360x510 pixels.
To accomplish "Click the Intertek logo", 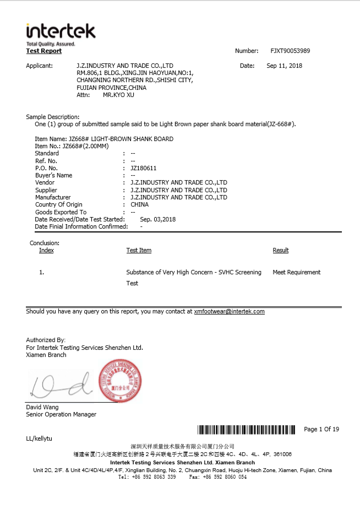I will pos(61,34).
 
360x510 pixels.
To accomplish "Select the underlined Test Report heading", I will pos(44,51).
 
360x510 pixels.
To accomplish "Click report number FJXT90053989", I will pos(290,51).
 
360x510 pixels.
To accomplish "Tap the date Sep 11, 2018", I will pos(284,66).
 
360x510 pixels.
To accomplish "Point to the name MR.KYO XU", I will pos(118,95).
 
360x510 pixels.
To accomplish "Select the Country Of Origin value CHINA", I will pos(139,204).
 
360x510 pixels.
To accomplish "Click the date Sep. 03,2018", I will pos(158,219).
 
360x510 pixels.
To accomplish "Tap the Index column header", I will pos(46,250).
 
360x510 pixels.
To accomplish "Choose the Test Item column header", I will pos(139,250).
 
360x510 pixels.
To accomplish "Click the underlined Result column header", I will pos(280,250).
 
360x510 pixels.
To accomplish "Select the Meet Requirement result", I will pos(296,272).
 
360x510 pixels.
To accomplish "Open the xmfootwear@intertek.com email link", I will pos(229,311).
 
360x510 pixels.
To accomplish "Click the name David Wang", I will pos(42,407).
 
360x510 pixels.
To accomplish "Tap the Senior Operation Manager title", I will pos(61,414).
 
